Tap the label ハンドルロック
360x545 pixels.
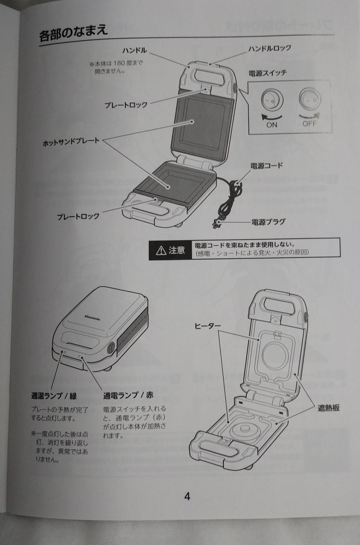point(269,48)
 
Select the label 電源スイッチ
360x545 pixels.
point(268,73)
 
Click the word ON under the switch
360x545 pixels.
point(272,125)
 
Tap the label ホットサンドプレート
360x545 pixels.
point(71,142)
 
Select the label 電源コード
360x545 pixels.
point(267,166)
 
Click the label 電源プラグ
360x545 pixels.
point(268,222)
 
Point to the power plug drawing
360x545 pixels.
point(216,223)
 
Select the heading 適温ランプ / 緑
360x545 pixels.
point(54,396)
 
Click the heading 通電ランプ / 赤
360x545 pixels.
point(128,396)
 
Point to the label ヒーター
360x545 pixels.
point(207,326)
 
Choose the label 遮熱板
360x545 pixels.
point(328,408)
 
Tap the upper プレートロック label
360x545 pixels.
point(126,105)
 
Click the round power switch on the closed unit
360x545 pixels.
point(111,348)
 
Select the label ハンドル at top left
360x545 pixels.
point(135,50)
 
